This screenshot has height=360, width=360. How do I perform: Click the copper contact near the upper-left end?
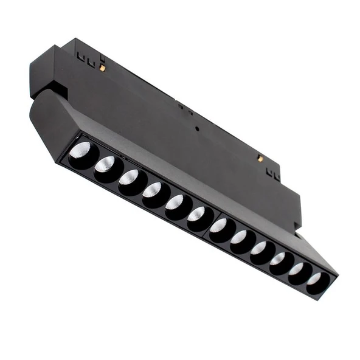[x=102, y=67]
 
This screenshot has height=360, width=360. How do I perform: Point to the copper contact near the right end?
[x=260, y=158]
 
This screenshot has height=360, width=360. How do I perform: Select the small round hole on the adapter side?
[x=196, y=128]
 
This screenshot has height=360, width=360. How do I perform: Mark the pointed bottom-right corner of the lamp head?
[x=334, y=273]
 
